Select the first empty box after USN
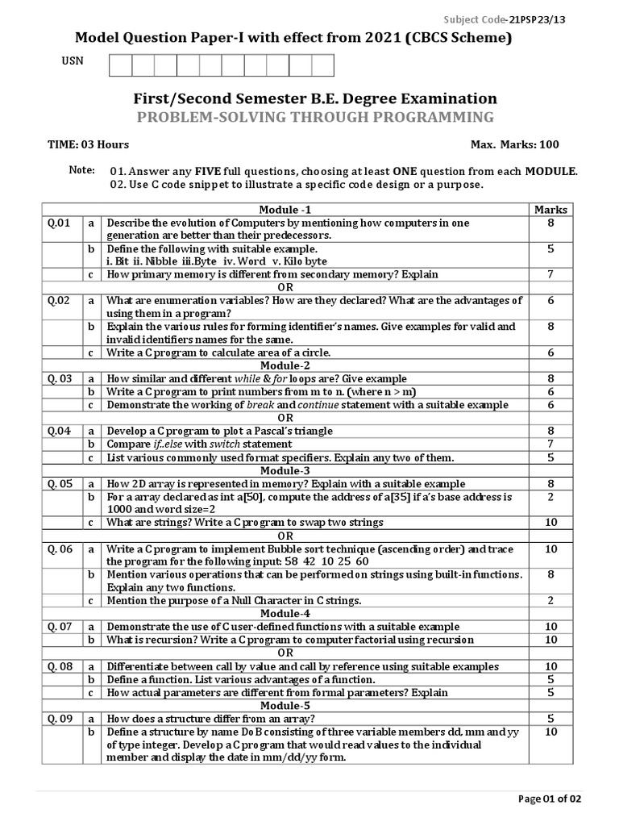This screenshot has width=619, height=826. point(119,65)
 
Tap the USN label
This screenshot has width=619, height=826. point(73,61)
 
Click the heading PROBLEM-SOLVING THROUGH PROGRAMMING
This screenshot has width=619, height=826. point(315,118)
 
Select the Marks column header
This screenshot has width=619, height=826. point(550,210)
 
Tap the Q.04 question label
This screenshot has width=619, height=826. point(60,431)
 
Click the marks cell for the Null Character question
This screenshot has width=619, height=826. point(550,600)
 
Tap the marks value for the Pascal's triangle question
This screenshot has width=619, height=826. point(550,431)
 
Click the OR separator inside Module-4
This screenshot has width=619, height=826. point(284,653)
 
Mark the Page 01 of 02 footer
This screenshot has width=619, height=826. point(549,799)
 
